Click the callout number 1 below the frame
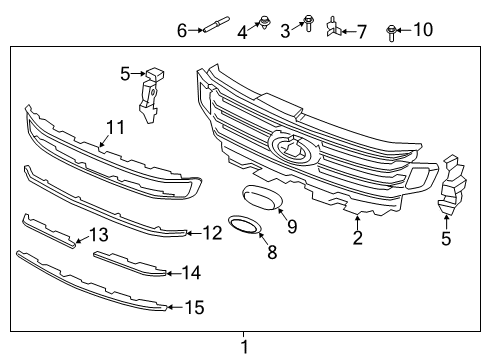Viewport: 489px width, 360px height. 243,347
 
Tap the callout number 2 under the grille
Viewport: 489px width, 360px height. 357,237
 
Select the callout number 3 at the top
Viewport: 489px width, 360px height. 285,32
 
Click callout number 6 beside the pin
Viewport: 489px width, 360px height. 181,31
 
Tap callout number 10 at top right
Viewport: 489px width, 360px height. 422,30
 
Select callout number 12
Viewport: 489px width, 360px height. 211,233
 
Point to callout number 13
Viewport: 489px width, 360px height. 98,235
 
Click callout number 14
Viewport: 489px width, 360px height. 191,272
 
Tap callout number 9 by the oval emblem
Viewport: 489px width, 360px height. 292,228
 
